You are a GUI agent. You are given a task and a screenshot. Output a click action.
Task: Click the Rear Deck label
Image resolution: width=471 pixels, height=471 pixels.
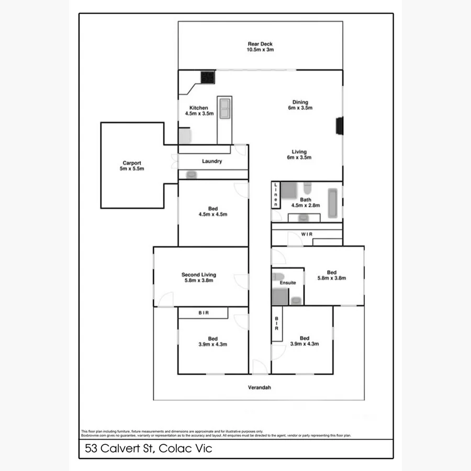pos(260,47)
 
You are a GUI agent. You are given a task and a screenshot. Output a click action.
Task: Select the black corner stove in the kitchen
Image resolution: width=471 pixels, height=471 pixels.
pos(209,77)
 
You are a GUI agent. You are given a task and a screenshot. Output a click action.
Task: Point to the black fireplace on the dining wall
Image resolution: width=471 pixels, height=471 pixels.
pos(340,126)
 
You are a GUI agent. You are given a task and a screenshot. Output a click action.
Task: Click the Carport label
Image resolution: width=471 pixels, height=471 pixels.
pos(131,165)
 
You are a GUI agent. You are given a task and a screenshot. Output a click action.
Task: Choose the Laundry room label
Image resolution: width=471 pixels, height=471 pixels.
pos(212,161)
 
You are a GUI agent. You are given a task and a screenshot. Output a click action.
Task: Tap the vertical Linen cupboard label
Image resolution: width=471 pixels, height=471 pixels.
pos(275,195)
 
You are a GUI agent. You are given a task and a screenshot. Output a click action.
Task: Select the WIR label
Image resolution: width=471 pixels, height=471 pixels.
pos(306,234)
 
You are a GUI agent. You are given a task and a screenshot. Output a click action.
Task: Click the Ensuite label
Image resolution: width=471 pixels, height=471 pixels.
pos(287,283)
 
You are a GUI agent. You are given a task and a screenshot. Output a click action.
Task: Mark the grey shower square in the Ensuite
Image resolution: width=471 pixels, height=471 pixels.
pos(280,297)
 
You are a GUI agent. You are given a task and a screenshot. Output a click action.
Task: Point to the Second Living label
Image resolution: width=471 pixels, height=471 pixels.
pos(198,277)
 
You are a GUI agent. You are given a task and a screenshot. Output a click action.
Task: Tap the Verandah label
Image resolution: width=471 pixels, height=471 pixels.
pos(260,388)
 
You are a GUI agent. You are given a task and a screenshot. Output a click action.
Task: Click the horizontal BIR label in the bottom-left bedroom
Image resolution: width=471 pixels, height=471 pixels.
pos(203,313)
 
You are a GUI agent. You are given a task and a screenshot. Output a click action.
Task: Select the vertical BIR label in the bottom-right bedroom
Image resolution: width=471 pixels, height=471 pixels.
pos(276,324)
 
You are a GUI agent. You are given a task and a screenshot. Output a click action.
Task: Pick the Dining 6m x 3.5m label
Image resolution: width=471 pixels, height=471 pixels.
pos(300,105)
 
